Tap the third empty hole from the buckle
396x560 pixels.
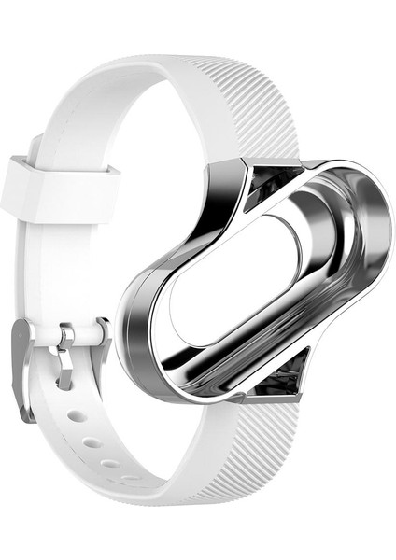coord(110,463)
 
